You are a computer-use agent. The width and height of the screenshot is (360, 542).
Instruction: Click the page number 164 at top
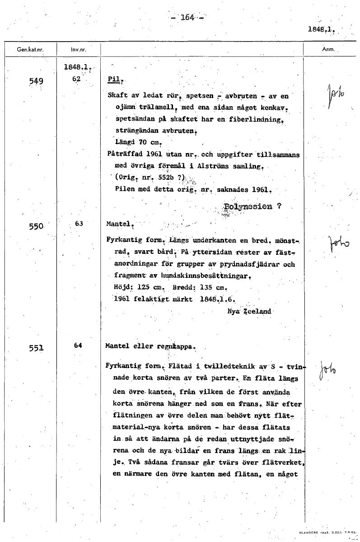point(187,18)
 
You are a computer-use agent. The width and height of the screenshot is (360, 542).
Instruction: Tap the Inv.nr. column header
point(79,49)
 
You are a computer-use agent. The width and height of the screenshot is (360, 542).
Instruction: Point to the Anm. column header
point(328,49)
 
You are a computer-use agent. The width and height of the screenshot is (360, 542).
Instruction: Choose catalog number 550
point(35,225)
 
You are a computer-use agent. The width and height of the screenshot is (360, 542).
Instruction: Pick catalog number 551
point(35,348)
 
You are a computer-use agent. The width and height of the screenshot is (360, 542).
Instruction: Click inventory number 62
point(76,78)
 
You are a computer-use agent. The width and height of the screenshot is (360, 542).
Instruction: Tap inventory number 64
point(78,346)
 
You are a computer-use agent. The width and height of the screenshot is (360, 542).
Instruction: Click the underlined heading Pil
point(114,79)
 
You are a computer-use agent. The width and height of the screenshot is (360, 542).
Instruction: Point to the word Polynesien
point(248,207)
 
